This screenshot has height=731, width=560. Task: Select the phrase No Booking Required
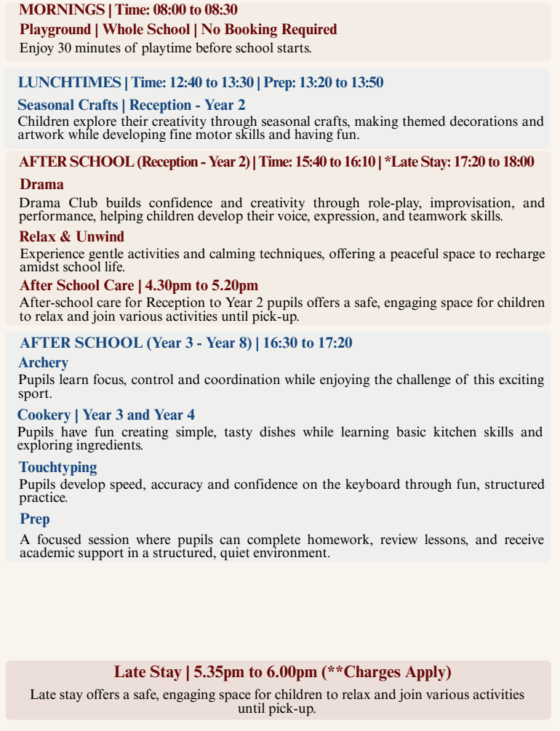coord(269,30)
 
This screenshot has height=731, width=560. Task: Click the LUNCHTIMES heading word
coord(69,82)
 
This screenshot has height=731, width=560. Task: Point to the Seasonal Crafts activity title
coord(68,105)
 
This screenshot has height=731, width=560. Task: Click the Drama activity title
coord(41,184)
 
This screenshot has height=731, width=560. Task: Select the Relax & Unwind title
coord(72,236)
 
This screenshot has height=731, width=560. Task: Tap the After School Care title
coord(76,285)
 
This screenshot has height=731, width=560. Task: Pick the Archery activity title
coord(44,362)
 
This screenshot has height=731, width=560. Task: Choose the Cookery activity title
coord(44,415)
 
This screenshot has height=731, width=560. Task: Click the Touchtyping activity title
coord(58,467)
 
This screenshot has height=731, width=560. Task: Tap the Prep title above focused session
coord(35,519)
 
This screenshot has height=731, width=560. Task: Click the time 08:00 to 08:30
coord(195,10)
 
